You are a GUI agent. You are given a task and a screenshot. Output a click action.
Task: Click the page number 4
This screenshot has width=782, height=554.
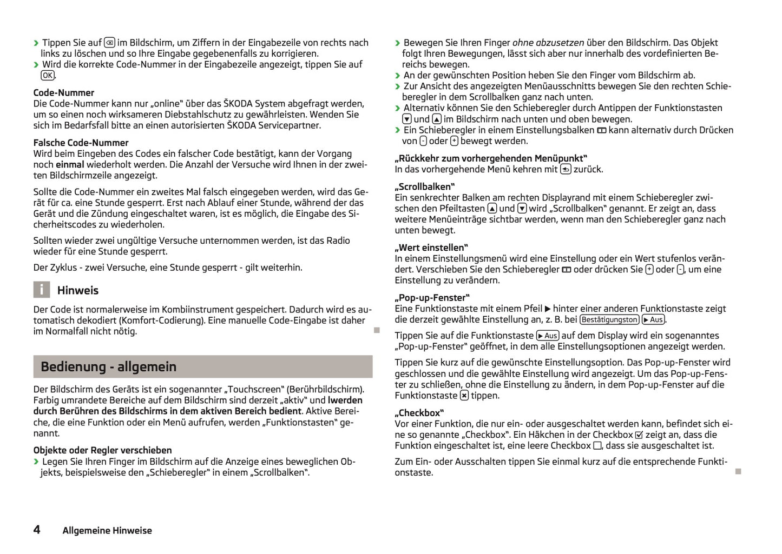(37, 530)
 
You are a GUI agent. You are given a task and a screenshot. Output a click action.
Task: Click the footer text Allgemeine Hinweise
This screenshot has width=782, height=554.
(107, 531)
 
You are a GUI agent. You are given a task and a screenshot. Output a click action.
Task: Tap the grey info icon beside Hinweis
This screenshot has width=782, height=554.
(42, 290)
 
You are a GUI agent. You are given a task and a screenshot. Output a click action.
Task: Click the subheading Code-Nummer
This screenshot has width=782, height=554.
(64, 92)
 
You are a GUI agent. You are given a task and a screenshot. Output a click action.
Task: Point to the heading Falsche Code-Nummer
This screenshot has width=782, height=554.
(81, 143)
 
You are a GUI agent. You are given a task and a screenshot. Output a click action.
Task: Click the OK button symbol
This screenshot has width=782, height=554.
(48, 76)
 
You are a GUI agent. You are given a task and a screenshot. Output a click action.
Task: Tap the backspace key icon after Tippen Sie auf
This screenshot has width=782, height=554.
(109, 43)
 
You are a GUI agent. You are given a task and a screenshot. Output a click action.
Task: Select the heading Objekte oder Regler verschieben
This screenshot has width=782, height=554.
(103, 450)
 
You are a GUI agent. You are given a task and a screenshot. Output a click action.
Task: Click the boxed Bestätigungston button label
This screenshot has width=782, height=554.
(609, 320)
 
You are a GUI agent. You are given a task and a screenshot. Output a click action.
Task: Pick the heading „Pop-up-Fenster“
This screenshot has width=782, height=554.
(432, 298)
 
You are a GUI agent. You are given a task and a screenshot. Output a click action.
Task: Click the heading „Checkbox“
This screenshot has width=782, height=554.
(419, 413)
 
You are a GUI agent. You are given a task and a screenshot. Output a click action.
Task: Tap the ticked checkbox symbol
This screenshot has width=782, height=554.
(639, 435)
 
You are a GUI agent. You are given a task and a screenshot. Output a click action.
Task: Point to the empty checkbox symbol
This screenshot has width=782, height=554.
(597, 446)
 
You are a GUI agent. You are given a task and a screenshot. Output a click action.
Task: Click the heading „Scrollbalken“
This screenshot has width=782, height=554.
(424, 186)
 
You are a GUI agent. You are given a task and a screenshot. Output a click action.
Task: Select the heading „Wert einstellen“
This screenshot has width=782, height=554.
(431, 248)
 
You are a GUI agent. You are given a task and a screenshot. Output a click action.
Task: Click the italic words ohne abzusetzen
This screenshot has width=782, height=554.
(548, 43)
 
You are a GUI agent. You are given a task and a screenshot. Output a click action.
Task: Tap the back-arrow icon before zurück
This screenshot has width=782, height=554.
(566, 169)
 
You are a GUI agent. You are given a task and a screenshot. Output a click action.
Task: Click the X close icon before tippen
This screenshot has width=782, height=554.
(464, 396)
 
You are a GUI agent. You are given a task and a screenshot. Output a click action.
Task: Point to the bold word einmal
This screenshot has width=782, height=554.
(70, 164)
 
